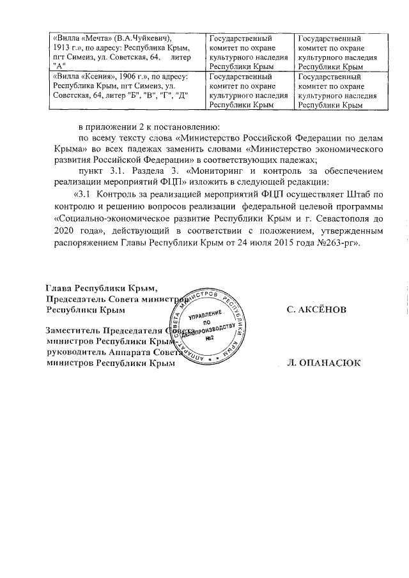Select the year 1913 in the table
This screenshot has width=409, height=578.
(62, 49)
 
